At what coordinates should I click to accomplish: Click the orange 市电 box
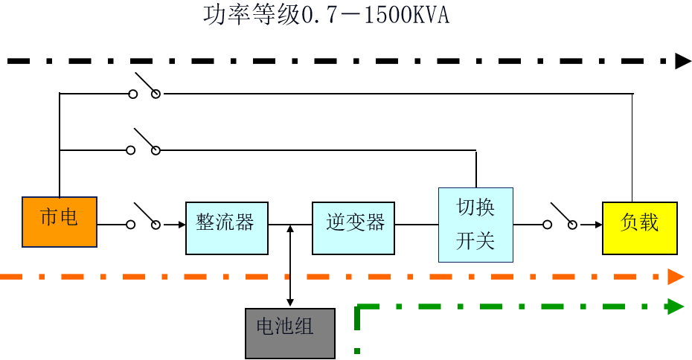click(x=60, y=222)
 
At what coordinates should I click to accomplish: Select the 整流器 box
click(x=226, y=228)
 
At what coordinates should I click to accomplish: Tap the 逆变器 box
click(x=353, y=228)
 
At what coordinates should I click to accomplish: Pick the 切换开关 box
click(x=475, y=225)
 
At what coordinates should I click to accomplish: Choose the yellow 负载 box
click(x=639, y=228)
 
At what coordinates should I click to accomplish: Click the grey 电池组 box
click(x=290, y=332)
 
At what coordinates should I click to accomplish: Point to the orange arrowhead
click(x=676, y=277)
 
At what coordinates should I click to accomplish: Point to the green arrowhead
click(x=676, y=306)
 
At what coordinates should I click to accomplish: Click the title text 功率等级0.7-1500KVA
click(x=326, y=16)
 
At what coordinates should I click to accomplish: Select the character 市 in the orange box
click(x=49, y=217)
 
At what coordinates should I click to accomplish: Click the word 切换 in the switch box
click(x=475, y=208)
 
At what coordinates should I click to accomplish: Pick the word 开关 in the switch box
click(x=475, y=242)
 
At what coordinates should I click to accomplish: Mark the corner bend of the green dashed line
click(x=358, y=306)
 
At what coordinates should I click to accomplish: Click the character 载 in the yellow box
click(x=649, y=222)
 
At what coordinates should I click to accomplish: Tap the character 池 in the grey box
click(x=284, y=327)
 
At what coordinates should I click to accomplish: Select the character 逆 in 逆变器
click(x=336, y=222)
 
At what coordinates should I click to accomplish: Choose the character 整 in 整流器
click(x=206, y=222)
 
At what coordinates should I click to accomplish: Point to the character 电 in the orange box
click(x=68, y=217)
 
